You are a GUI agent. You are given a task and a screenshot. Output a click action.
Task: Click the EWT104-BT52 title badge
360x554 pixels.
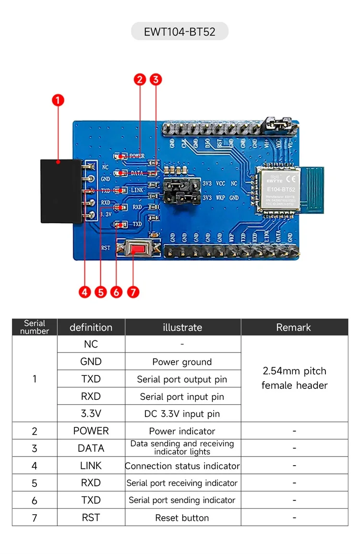point(180,32)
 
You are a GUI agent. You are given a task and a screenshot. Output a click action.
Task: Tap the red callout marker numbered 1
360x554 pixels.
point(58,100)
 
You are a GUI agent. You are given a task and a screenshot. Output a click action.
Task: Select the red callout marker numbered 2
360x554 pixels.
point(140,80)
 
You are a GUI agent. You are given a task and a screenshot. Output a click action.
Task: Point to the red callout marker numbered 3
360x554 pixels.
point(156,80)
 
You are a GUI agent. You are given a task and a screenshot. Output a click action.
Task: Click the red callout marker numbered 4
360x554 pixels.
point(85,292)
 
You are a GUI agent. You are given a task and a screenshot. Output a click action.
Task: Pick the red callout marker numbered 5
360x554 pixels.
point(100,292)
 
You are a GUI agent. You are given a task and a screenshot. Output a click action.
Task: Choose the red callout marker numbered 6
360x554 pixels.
point(117,292)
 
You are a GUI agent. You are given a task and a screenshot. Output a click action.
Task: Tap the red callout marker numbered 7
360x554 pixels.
point(133,292)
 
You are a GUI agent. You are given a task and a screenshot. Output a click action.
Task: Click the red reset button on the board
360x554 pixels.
point(138,249)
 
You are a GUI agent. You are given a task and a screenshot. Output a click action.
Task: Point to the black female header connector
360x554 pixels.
point(60,191)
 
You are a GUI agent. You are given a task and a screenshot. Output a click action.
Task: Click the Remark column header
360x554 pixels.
point(294,327)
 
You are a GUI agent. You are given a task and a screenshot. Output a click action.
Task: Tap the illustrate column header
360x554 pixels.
point(182,327)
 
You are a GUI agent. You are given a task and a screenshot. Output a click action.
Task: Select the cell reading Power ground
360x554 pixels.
point(182,362)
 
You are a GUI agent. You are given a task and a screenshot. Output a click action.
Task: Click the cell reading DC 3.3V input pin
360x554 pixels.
point(182,414)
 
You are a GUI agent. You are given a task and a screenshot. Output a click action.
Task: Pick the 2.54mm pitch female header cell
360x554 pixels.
point(294,378)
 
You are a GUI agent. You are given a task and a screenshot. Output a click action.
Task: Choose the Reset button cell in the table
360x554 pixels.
point(182,518)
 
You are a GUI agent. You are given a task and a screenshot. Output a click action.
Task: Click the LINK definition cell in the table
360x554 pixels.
point(91,466)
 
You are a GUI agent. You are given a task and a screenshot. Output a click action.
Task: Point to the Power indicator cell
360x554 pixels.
point(182,431)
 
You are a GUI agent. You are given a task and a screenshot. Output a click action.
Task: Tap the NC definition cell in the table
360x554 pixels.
point(91,344)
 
